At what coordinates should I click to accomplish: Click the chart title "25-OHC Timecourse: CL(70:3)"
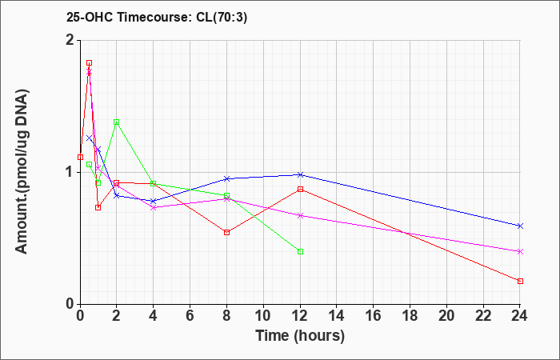pyautogui.click(x=157, y=18)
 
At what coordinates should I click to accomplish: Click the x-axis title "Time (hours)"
pyautogui.click(x=300, y=336)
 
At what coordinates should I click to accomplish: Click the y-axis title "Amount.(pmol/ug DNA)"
pyautogui.click(x=22, y=172)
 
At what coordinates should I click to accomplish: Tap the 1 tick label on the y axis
pyautogui.click(x=70, y=173)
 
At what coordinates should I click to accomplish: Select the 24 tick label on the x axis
pyautogui.click(x=520, y=316)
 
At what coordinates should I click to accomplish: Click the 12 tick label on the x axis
pyautogui.click(x=300, y=316)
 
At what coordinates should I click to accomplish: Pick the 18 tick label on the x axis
pyautogui.click(x=410, y=316)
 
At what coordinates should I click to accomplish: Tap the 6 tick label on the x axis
pyautogui.click(x=190, y=316)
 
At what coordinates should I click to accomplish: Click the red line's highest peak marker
pyautogui.click(x=90, y=63)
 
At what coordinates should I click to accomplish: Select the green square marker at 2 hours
pyautogui.click(x=117, y=122)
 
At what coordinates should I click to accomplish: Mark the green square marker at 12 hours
pyautogui.click(x=300, y=251)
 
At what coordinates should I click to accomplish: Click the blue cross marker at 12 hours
pyautogui.click(x=300, y=174)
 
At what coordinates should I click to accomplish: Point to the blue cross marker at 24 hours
pyautogui.click(x=520, y=226)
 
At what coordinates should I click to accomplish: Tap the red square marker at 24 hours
pyautogui.click(x=520, y=281)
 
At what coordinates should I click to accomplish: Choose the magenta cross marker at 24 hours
pyautogui.click(x=520, y=251)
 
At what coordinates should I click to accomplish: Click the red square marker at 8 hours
pyautogui.click(x=226, y=233)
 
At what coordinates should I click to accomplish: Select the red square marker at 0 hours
pyautogui.click(x=80, y=157)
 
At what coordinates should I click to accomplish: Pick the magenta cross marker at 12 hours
pyautogui.click(x=300, y=215)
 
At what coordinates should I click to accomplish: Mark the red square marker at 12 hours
pyautogui.click(x=300, y=189)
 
